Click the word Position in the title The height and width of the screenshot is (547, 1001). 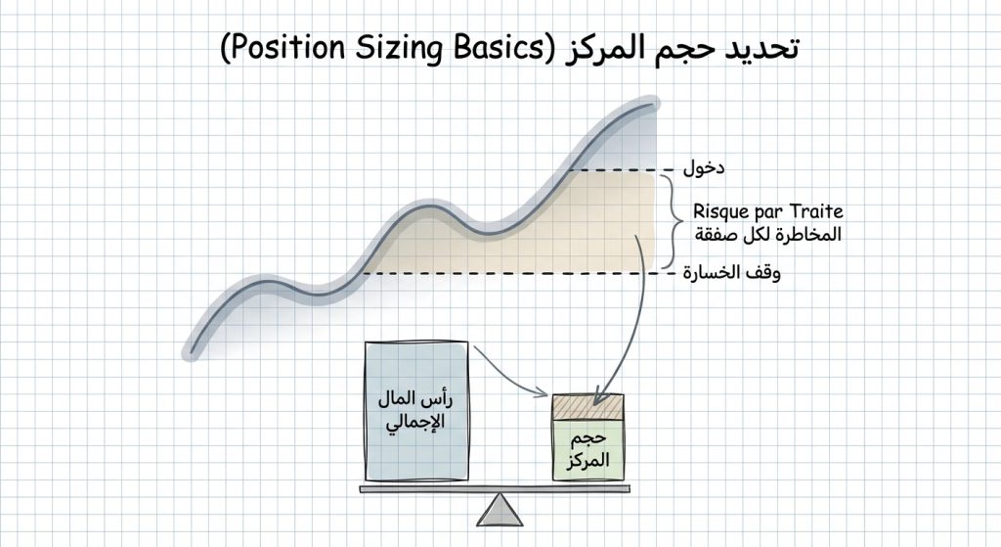point(278,48)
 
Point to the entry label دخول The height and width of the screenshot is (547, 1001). point(704,168)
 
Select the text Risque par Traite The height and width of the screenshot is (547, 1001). point(767,210)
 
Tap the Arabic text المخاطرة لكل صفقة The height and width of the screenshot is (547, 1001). point(767,236)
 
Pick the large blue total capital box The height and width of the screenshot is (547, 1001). point(416,411)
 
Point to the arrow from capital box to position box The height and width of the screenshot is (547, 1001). point(508,372)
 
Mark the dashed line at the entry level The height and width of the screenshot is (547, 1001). point(616,170)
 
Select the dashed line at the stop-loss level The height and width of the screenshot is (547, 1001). point(508,273)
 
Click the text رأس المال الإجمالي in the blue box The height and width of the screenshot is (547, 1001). point(416,412)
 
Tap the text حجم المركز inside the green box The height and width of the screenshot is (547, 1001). point(588,448)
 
